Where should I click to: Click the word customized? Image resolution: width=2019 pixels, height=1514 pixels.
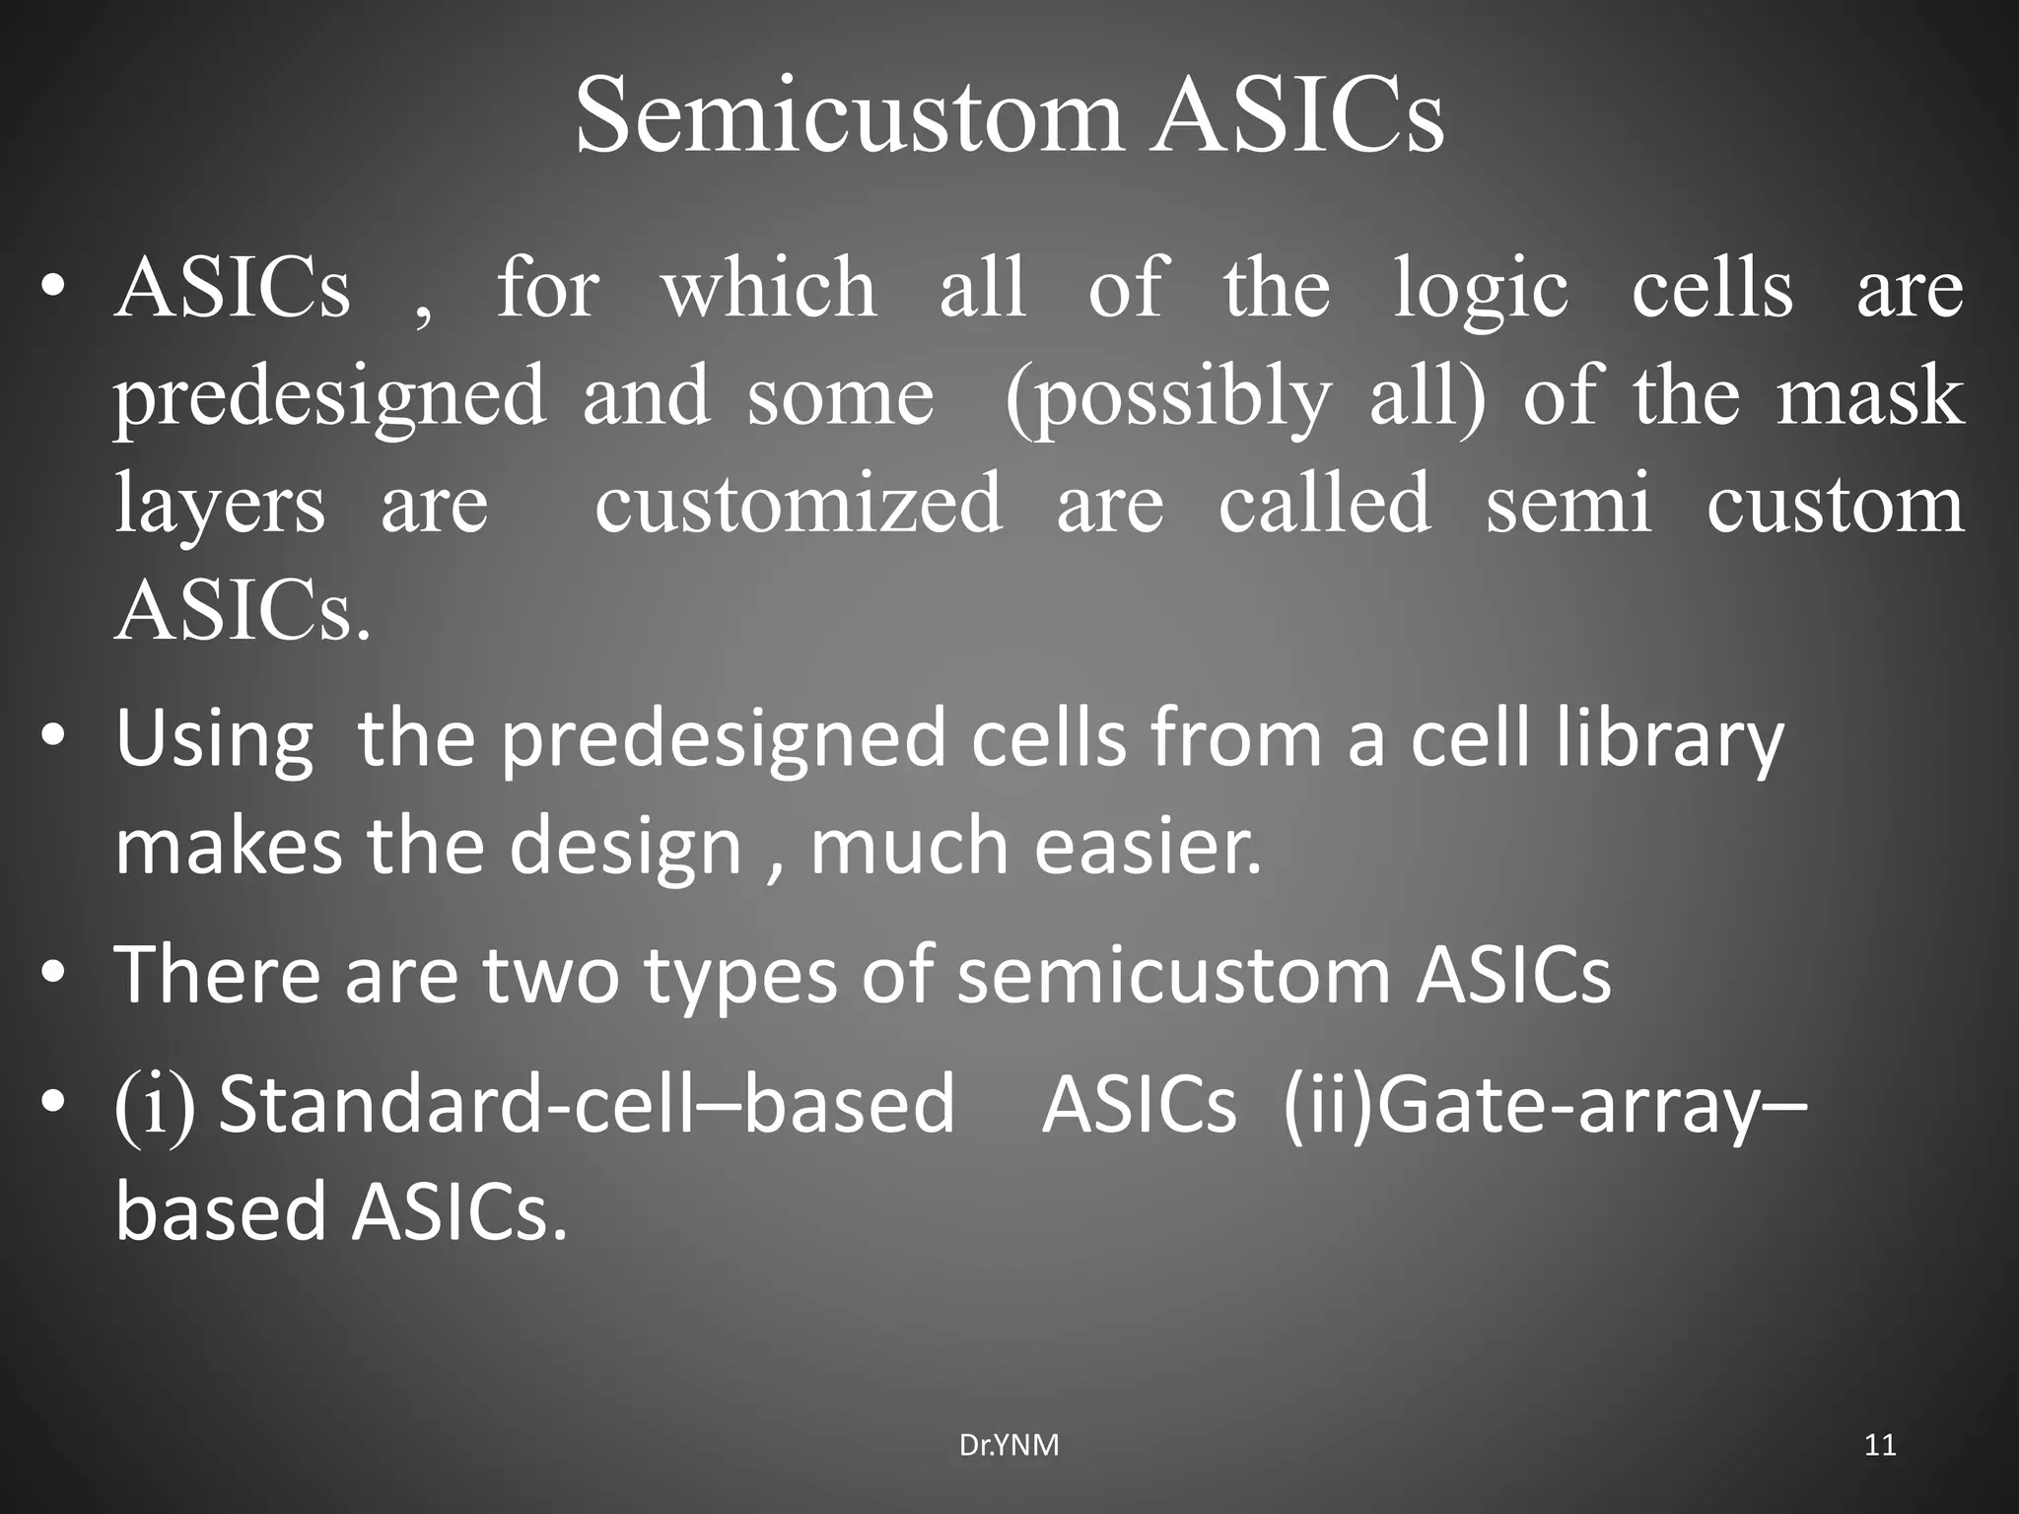799,503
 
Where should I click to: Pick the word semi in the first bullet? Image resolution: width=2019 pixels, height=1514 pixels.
1568,503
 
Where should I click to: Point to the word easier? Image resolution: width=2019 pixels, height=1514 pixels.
1148,847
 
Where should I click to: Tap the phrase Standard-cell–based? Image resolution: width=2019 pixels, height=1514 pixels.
587,1103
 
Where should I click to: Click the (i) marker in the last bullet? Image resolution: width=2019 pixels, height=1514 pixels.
155,1105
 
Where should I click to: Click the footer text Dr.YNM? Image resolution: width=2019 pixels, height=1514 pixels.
1009,1446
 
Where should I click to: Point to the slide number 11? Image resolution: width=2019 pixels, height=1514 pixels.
1880,1446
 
